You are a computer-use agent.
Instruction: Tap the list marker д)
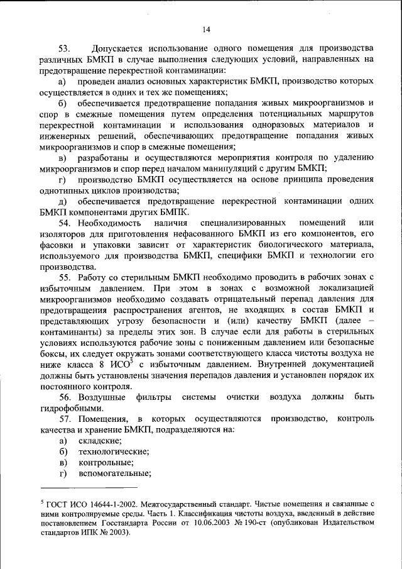point(63,201)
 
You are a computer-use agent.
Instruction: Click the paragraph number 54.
point(66,223)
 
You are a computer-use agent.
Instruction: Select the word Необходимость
point(107,223)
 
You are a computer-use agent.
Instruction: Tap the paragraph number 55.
point(66,278)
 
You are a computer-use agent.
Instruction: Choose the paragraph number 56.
point(66,397)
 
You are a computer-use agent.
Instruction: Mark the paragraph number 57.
point(66,419)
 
